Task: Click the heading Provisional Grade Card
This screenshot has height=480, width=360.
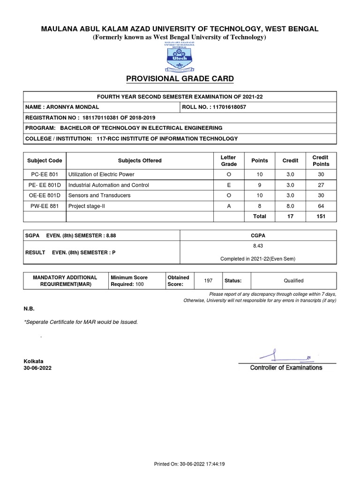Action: click(180, 78)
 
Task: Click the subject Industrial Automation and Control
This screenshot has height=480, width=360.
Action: click(109, 185)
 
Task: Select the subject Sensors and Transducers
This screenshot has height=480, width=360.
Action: click(99, 195)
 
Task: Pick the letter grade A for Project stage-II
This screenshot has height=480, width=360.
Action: click(228, 205)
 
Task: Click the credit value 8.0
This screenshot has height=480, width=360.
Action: click(290, 205)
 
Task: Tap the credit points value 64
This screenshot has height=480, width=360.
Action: click(321, 205)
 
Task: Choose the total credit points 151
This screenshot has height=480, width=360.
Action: click(321, 216)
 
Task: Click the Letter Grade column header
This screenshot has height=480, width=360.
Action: click(228, 161)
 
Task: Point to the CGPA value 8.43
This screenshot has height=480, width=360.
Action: click(258, 245)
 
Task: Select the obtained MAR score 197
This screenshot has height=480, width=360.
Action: click(208, 280)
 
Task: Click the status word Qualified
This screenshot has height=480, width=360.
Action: click(293, 280)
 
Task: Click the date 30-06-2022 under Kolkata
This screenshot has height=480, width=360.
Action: click(38, 368)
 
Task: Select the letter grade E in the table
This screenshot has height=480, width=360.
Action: click(228, 185)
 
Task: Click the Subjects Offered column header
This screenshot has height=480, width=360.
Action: click(140, 161)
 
